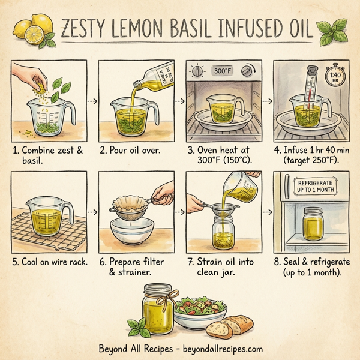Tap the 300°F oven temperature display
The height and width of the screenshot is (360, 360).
click(222, 71)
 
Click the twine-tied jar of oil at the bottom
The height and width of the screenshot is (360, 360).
click(157, 309)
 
